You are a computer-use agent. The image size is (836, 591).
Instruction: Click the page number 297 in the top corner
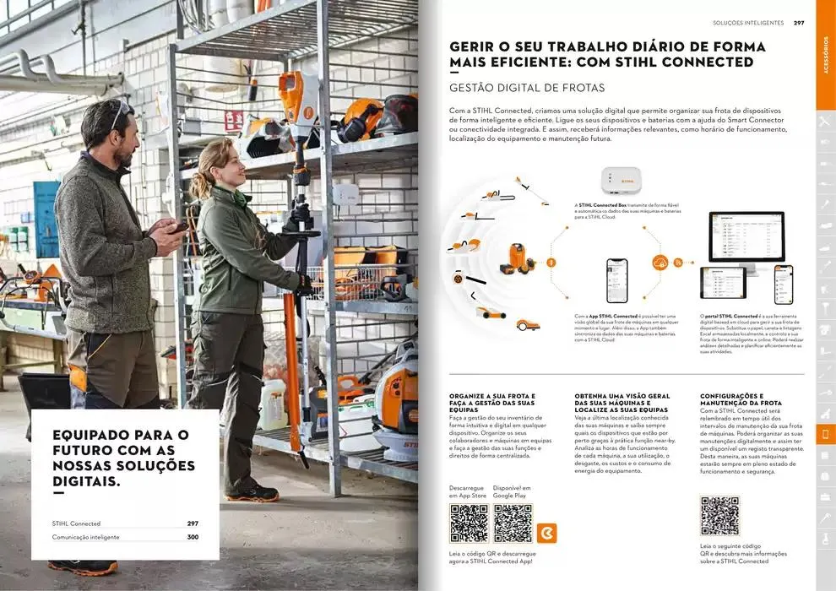799,23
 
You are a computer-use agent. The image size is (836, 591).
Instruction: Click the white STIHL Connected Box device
621,181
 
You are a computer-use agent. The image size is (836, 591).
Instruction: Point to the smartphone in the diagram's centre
617,280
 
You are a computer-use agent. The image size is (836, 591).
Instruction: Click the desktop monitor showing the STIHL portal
746,238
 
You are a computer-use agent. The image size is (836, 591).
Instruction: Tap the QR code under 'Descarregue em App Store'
468,523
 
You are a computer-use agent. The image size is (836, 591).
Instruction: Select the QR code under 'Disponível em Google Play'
513,523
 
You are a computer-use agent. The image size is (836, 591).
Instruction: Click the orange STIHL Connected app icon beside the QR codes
546,534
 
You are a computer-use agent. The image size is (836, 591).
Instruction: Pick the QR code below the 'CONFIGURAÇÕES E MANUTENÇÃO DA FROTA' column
719,516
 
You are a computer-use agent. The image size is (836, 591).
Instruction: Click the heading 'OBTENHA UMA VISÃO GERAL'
622,395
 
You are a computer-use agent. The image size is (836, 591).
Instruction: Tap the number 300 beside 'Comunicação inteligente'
193,537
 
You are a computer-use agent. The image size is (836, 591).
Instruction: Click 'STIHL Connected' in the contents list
76,523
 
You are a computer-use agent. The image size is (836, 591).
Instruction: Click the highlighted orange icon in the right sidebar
825,434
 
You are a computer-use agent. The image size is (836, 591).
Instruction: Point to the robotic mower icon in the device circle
529,323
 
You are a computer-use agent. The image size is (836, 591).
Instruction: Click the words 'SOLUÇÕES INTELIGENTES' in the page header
748,23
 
